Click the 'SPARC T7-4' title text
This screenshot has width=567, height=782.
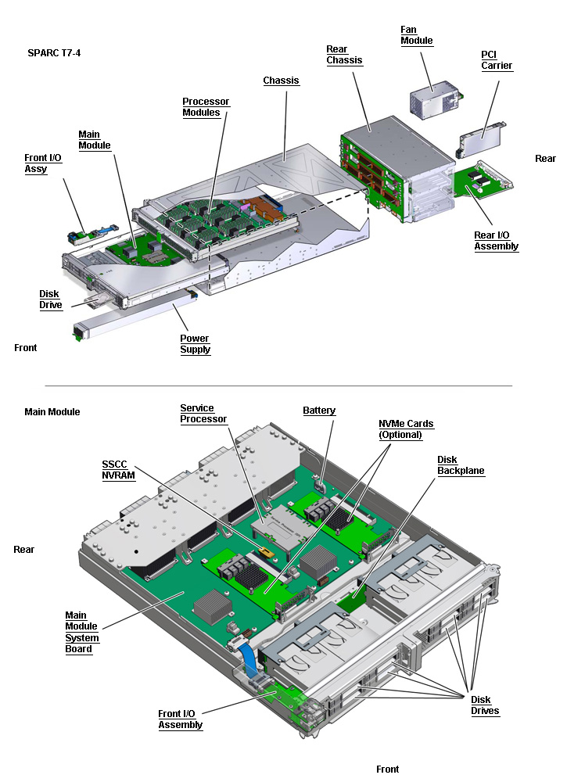(x=54, y=53)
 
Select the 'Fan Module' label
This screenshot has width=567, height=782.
(x=416, y=35)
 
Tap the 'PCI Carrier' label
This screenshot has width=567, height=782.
(x=497, y=60)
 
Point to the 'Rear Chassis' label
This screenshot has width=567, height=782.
(x=344, y=55)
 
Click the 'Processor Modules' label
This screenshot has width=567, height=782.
(x=201, y=107)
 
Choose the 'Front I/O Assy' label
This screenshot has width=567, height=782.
(x=42, y=163)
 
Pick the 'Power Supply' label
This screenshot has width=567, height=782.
(x=195, y=344)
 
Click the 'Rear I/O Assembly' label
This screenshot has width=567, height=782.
(x=496, y=241)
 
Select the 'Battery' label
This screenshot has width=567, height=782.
(x=319, y=411)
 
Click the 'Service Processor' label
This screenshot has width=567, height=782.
(x=203, y=414)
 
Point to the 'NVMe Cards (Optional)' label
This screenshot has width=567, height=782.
(x=405, y=429)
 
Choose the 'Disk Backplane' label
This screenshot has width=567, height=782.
(x=461, y=465)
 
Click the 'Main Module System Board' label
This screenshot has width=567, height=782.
(x=81, y=632)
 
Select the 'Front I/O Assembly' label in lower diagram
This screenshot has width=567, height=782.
(x=180, y=719)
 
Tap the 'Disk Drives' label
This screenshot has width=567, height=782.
(x=484, y=705)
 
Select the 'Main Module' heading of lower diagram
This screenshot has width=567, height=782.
(x=52, y=412)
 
